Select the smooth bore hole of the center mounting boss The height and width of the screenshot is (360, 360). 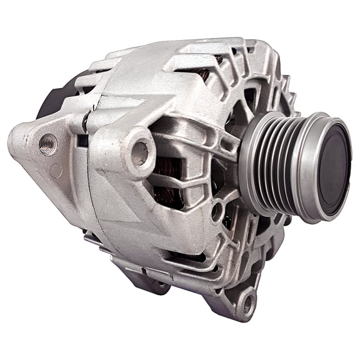[141, 151]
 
